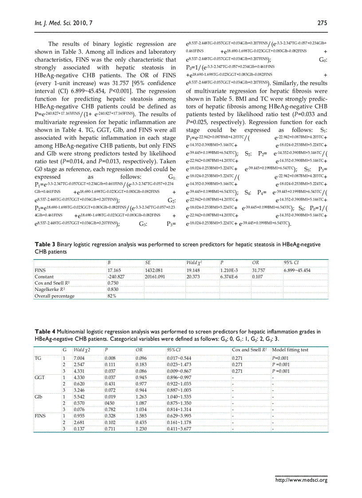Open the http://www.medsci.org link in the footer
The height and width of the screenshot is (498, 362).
301,480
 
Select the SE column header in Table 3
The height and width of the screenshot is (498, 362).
148,263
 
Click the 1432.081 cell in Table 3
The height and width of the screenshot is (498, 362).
154,270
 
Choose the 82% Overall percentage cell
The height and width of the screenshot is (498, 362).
111,296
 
